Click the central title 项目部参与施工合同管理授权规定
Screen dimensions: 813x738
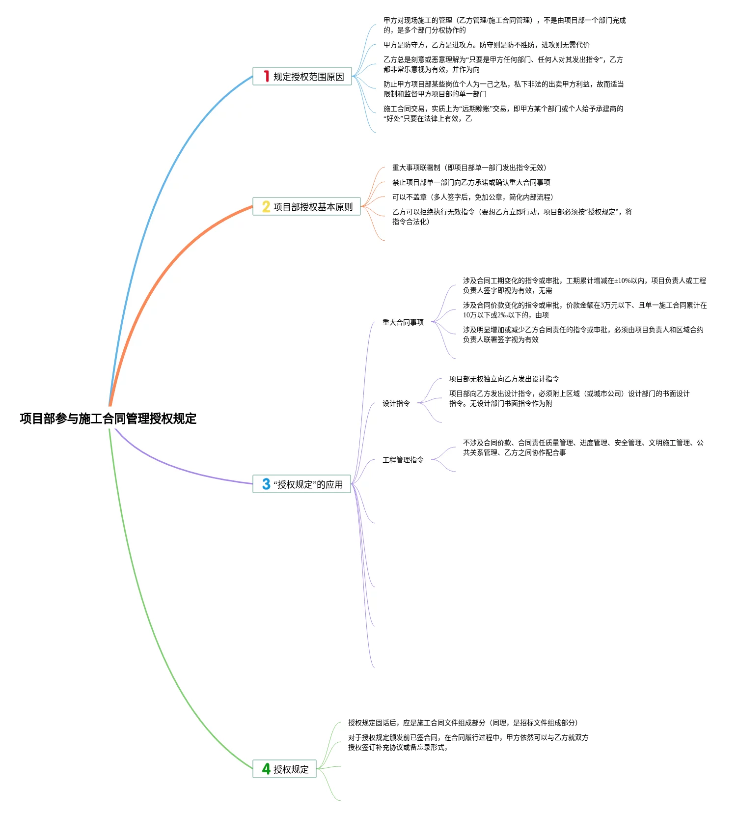tap(108, 419)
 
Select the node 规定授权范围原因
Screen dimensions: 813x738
tap(308, 77)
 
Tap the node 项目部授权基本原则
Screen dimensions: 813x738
tap(313, 207)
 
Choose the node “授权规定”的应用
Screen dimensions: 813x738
tap(308, 484)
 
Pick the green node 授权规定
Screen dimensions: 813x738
tap(291, 769)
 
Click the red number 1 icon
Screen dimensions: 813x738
tap(266, 76)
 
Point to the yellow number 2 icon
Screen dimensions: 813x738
tap(266, 206)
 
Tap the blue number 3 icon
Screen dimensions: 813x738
tap(266, 484)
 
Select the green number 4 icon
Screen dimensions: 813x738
tap(266, 769)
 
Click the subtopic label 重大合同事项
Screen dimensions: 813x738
tap(403, 322)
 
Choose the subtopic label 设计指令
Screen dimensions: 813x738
tap(396, 403)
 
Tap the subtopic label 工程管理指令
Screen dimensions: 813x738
tap(403, 460)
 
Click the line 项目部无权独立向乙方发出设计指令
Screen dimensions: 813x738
tap(504, 379)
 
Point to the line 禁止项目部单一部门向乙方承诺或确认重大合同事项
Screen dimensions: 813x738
tap(471, 182)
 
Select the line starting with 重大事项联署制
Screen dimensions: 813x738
tap(469, 168)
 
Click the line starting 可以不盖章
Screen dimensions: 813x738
tap(472, 197)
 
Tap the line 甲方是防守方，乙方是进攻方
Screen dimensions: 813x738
tap(486, 45)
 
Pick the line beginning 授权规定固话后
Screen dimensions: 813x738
tap(463, 723)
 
